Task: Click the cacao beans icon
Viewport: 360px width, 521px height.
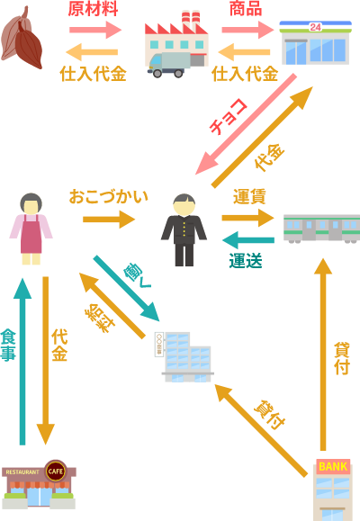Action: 22,38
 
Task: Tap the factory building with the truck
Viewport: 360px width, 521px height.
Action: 176,45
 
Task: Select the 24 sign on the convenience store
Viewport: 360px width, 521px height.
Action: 315,27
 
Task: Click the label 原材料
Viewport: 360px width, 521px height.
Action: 93,9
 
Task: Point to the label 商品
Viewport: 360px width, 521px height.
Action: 246,9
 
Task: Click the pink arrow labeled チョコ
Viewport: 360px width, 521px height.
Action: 246,124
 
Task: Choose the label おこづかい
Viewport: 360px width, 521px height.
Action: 108,196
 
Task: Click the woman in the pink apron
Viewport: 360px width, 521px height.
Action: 31,229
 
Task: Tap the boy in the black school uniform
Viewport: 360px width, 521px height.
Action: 184,230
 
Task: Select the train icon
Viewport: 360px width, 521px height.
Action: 322,229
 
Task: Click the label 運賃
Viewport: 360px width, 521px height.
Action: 249,196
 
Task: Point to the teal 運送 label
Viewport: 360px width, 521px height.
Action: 246,261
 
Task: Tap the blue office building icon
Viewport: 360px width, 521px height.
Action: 184,357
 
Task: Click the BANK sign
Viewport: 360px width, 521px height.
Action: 333,466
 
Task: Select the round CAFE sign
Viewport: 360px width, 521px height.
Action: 56,472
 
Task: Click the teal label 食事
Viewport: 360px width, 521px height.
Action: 8,345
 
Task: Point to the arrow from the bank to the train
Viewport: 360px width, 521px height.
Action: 323,355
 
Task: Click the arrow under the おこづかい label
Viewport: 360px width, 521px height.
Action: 109,220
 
